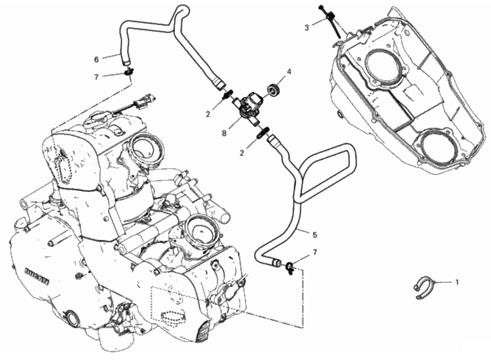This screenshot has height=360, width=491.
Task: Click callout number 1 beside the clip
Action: [457, 283]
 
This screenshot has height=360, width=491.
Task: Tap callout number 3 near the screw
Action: [307, 28]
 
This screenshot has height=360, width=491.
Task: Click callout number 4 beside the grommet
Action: [289, 72]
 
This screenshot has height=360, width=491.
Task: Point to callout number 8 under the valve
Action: [224, 133]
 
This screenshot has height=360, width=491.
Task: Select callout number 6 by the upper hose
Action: [97, 59]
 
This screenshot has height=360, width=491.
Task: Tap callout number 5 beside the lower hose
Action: [315, 235]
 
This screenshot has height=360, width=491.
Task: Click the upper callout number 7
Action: [97, 77]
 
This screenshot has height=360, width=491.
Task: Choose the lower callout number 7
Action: [315, 252]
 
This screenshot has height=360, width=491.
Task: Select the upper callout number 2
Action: [207, 114]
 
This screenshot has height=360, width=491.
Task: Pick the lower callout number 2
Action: [241, 153]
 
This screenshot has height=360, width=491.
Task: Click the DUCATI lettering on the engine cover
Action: [37, 275]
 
